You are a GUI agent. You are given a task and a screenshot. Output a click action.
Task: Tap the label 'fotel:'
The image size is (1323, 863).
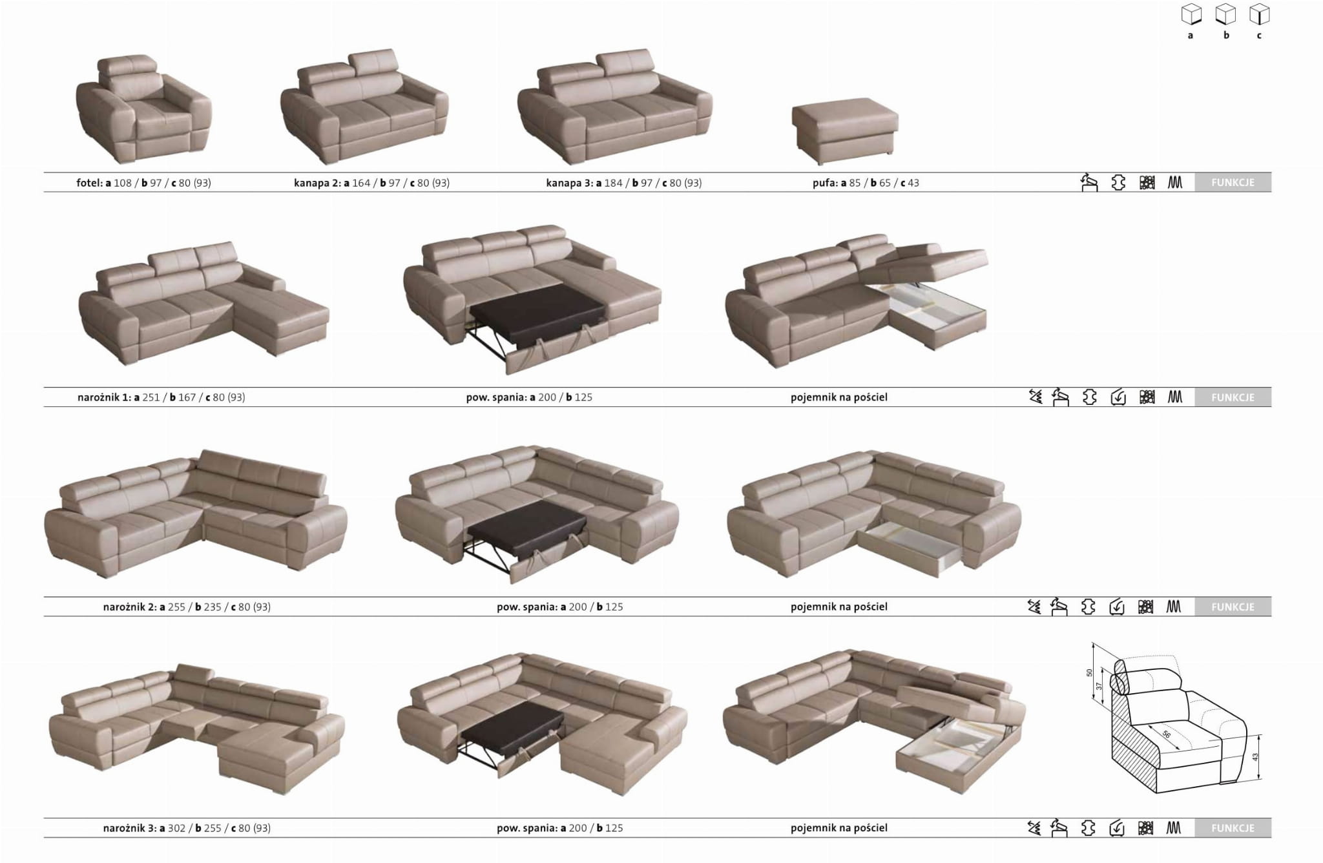[90, 183]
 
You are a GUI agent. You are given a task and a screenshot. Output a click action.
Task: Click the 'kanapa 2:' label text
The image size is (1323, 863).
[317, 183]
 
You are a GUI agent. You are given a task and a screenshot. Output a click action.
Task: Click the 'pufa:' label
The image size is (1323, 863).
[825, 183]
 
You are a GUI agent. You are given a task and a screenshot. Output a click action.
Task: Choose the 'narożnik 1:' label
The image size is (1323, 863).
[104, 397]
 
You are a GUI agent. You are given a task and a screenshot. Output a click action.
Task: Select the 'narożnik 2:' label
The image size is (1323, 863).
[130, 607]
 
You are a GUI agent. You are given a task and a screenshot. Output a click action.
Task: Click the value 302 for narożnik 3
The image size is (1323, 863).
[176, 827]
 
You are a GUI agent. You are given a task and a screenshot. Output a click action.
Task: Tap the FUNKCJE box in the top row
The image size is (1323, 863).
[1233, 182]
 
